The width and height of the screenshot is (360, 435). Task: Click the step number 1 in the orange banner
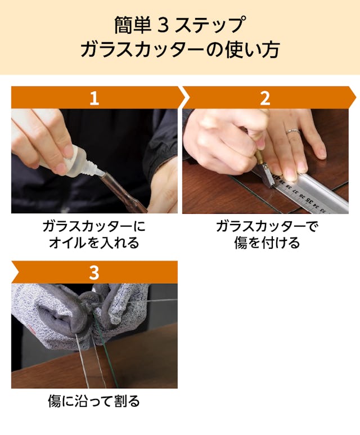coord(94,98)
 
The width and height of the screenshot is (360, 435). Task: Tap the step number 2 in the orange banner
coord(265,98)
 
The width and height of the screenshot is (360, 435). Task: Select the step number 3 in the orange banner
coord(94,273)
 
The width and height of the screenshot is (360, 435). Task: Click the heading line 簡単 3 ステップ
coord(180,25)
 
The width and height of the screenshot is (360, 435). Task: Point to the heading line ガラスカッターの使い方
coord(180,50)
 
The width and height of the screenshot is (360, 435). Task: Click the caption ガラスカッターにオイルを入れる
coord(94,235)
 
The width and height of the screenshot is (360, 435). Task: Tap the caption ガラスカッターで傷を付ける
coord(267,235)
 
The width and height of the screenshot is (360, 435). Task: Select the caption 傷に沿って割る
coord(94,401)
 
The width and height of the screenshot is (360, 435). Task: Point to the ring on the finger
coord(292,131)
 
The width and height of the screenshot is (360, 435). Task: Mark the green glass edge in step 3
coord(105,352)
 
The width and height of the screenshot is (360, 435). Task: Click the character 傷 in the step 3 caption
coord(55,401)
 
